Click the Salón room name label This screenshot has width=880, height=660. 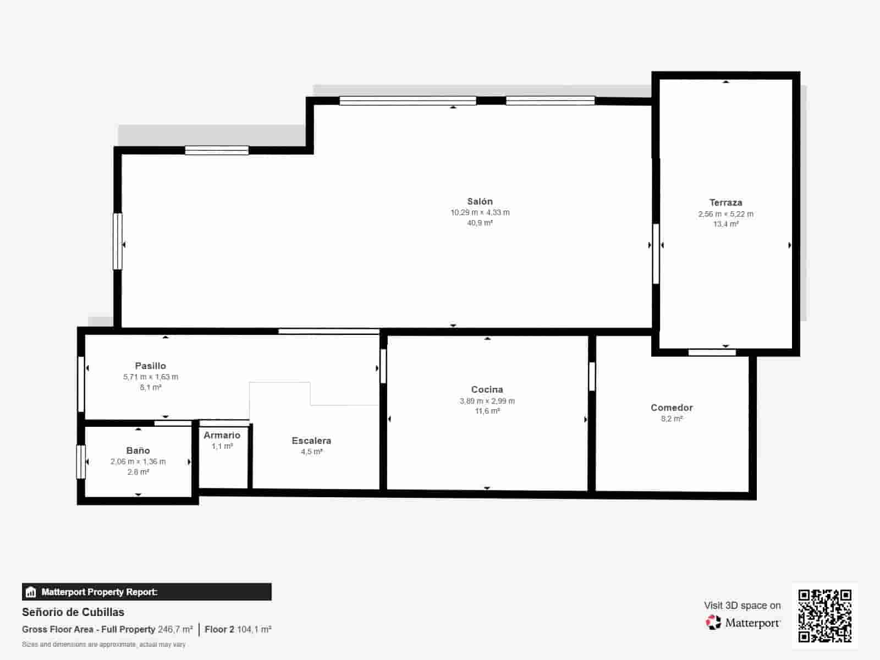point(480,201)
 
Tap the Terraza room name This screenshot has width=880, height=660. point(725,202)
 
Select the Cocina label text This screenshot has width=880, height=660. point(487,389)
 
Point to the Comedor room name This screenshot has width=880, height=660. point(672,408)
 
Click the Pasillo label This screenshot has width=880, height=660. point(150,365)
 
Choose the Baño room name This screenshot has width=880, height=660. point(138,450)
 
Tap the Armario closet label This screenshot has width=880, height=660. point(222,435)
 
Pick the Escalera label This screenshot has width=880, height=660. point(311,441)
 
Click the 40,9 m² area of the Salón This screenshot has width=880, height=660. point(480,223)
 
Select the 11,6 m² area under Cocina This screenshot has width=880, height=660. point(487,411)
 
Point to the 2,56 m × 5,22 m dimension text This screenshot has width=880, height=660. point(725,214)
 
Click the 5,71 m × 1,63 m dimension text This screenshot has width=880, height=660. point(150,377)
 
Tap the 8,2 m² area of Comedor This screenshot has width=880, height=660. point(672,419)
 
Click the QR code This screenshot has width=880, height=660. point(824,615)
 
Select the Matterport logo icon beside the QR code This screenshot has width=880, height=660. point(713,623)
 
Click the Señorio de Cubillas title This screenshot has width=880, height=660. point(73,612)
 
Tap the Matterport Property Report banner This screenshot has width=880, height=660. point(147,592)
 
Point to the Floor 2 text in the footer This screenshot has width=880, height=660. point(219,629)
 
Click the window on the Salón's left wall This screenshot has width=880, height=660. point(118,241)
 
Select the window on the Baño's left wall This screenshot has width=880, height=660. point(81,461)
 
